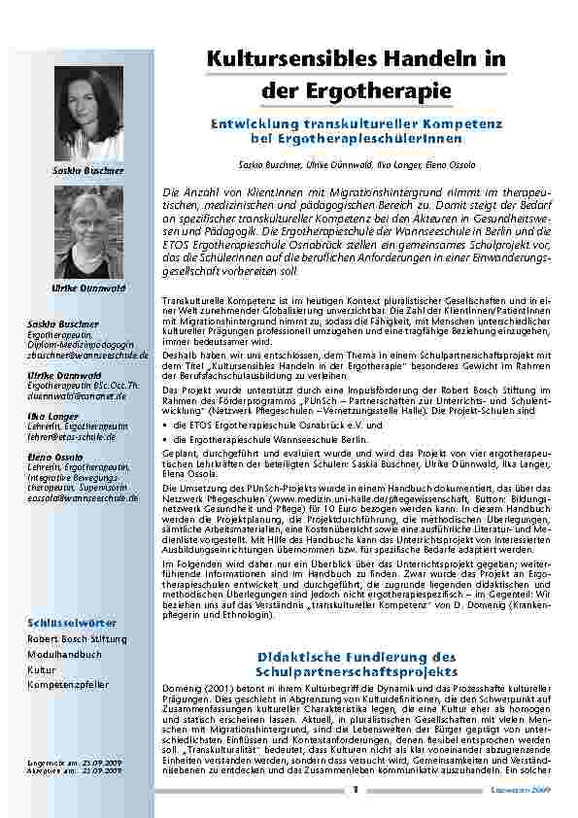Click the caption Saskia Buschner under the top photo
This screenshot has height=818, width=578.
(88, 171)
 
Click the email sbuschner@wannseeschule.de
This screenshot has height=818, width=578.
(87, 356)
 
